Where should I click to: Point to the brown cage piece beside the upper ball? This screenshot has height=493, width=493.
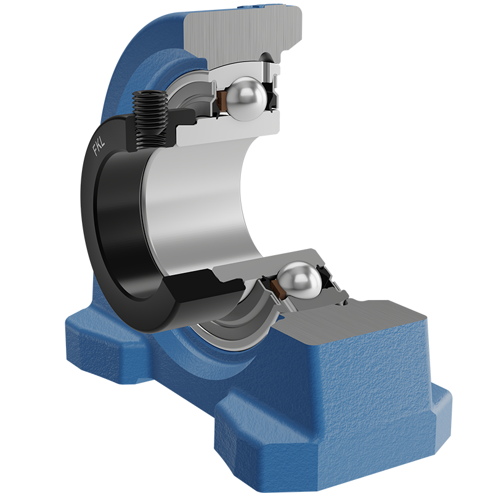click(222, 101)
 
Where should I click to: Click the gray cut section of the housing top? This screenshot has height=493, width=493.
click(243, 34)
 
